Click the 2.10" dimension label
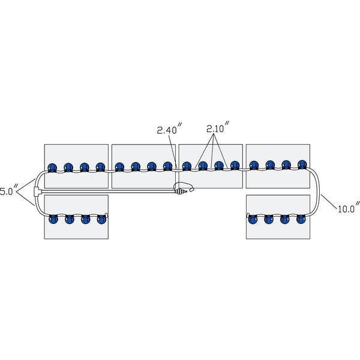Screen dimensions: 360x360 point(218,129)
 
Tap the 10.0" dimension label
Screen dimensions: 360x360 point(349,209)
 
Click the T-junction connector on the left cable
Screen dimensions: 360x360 point(37,192)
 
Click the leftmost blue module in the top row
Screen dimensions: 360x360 point(52,167)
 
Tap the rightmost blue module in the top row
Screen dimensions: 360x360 point(302,165)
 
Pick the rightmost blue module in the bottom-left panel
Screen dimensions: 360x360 point(101,218)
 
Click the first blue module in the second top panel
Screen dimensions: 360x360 point(119,167)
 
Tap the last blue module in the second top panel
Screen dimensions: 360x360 point(168,167)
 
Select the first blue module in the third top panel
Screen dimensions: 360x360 point(187,166)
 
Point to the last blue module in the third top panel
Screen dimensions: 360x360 point(235,166)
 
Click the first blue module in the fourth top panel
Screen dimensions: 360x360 point(254,165)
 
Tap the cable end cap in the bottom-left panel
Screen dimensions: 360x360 point(107,214)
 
